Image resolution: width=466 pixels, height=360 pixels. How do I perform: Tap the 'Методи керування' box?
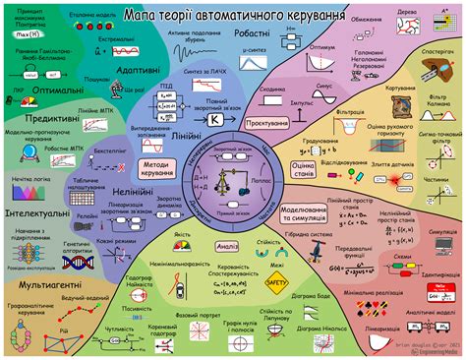coord(156,169)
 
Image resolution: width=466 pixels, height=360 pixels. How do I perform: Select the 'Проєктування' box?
coord(268,123)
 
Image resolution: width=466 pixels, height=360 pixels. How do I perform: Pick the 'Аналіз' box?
coord(225,246)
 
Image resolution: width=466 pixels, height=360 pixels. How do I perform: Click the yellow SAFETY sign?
coord(276,281)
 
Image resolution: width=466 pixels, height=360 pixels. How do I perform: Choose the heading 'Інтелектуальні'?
coord(32,210)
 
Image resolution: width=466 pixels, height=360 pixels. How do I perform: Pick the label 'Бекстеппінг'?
coord(109,152)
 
